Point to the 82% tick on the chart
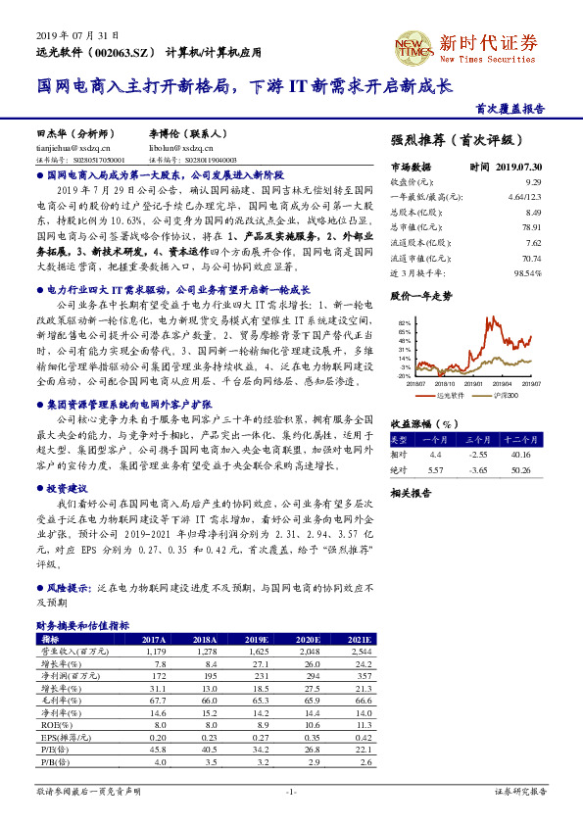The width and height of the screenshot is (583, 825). coord(403,321)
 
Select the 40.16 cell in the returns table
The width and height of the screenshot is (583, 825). coord(518,454)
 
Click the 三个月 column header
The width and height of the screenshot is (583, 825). coord(478,440)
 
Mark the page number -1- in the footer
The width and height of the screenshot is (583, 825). coord(290,791)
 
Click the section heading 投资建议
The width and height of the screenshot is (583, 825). coord(68,487)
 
